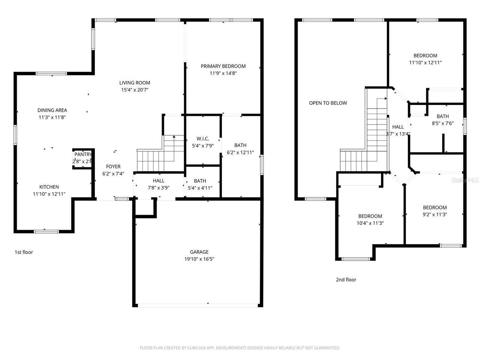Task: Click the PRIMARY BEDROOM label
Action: (223, 66)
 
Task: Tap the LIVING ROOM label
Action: (135, 83)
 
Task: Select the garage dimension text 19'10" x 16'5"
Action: (199, 259)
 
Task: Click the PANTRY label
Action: (83, 154)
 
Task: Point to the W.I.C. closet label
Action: (202, 139)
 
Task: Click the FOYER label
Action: (113, 166)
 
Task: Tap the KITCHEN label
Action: (49, 187)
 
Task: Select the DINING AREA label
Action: (52, 110)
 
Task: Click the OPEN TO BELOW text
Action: (328, 103)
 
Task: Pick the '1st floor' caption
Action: (24, 252)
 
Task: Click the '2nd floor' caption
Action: (346, 280)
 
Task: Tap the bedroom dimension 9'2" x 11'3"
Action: (435, 215)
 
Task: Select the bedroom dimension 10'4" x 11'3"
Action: (370, 223)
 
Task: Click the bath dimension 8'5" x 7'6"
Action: (442, 123)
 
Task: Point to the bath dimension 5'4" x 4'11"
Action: (200, 188)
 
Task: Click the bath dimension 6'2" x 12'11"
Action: (240, 153)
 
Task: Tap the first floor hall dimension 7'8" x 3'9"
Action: (158, 188)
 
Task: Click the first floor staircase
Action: (156, 156)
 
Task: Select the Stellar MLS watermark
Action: (465, 180)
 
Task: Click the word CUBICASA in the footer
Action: (197, 348)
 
